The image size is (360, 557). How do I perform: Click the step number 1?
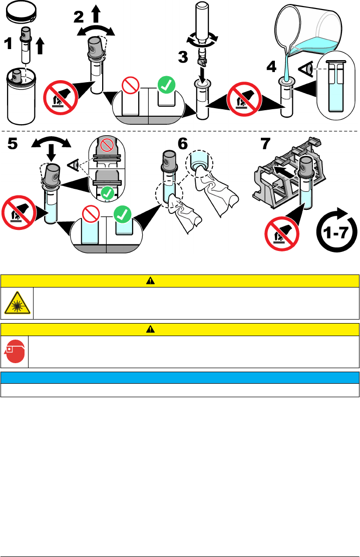pyautogui.click(x=9, y=44)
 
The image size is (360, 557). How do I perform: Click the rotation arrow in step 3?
pyautogui.click(x=203, y=37)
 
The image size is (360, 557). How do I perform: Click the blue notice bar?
pyautogui.click(x=180, y=377)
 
